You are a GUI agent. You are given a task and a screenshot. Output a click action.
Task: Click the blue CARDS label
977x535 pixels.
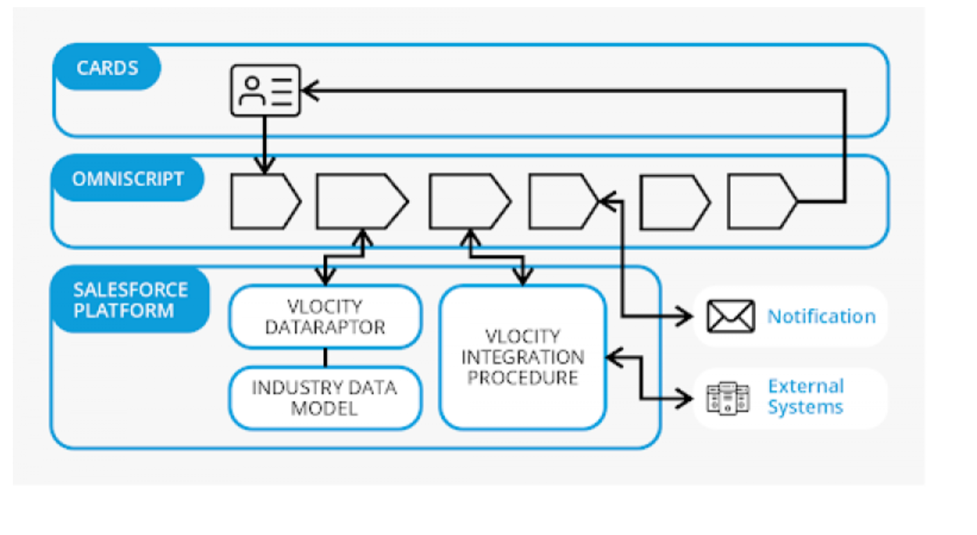[107, 68]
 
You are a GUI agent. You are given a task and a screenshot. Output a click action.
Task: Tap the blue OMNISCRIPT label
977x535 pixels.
[127, 179]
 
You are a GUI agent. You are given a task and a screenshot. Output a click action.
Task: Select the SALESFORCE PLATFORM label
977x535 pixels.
[130, 300]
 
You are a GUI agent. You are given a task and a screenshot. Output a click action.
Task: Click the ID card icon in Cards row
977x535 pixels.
[265, 91]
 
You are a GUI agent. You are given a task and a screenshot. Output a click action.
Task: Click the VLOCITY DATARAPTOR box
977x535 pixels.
[325, 317]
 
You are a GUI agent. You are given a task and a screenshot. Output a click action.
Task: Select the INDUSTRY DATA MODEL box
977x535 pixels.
[325, 398]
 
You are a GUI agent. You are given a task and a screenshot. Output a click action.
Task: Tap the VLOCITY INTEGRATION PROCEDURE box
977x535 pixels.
[522, 357]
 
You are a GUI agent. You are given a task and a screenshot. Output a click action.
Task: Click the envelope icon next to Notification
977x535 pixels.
[730, 316]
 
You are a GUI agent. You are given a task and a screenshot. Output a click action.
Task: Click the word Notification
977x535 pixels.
[821, 316]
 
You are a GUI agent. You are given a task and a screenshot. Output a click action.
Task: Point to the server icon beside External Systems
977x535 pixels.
[728, 398]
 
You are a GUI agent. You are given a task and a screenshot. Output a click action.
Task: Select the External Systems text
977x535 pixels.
[805, 397]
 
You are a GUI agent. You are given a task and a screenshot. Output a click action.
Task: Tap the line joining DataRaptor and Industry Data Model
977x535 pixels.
[325, 357]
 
